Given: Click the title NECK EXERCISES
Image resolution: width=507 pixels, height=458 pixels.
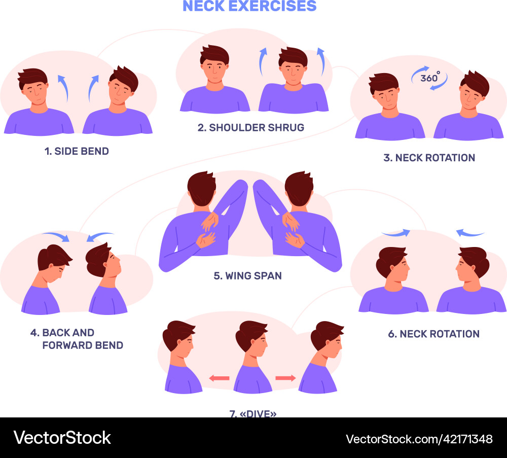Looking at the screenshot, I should [x=249, y=6].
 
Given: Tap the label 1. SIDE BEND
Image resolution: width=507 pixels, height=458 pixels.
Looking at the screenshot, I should [x=77, y=151].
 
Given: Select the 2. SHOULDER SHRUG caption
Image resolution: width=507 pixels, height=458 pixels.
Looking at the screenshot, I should [x=251, y=127].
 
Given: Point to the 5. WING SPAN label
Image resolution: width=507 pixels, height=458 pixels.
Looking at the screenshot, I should [x=247, y=276].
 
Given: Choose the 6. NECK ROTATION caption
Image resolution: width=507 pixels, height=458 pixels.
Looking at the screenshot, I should [x=434, y=334].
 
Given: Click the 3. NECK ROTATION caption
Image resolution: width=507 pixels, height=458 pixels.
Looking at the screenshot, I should [x=429, y=158].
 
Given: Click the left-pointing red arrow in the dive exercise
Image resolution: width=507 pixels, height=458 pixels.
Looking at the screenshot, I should [x=219, y=378].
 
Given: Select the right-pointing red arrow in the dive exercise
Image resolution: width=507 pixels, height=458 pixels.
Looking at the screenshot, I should [x=285, y=378].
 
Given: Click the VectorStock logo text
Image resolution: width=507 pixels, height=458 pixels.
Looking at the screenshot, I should [x=62, y=438].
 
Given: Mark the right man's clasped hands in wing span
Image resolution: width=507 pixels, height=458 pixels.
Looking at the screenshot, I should [x=293, y=231].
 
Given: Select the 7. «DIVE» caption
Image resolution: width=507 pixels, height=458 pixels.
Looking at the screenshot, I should [x=253, y=413].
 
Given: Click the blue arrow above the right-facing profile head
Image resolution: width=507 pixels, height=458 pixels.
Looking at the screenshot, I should [x=395, y=233].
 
